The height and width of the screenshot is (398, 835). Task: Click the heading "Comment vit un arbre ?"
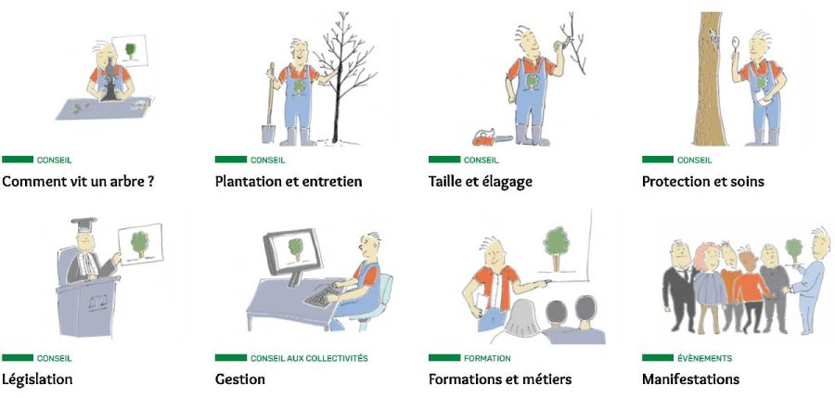point(78,182)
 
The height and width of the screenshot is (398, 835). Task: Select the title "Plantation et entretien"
point(289,182)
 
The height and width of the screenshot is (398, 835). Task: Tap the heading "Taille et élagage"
point(481,182)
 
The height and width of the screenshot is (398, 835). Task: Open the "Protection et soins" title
point(703,182)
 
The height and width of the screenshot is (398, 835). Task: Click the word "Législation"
point(37,379)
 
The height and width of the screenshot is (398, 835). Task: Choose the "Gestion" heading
point(240,379)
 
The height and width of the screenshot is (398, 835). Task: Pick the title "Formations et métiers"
point(500,379)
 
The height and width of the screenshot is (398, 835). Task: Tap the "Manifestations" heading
point(690,379)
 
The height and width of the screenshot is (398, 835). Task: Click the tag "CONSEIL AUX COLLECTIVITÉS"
point(309,359)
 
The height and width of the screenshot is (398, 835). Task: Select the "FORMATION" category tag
point(487,359)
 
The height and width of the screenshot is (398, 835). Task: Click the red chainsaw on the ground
point(492,137)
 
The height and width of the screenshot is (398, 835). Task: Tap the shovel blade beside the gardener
point(268,133)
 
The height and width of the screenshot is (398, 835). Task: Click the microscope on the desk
point(109,80)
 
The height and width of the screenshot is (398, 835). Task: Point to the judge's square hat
point(84,224)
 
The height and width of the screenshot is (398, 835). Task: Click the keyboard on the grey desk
point(323,295)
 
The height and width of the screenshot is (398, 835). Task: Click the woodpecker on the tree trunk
point(713,35)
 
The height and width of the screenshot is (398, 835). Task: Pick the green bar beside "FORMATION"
point(444,358)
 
